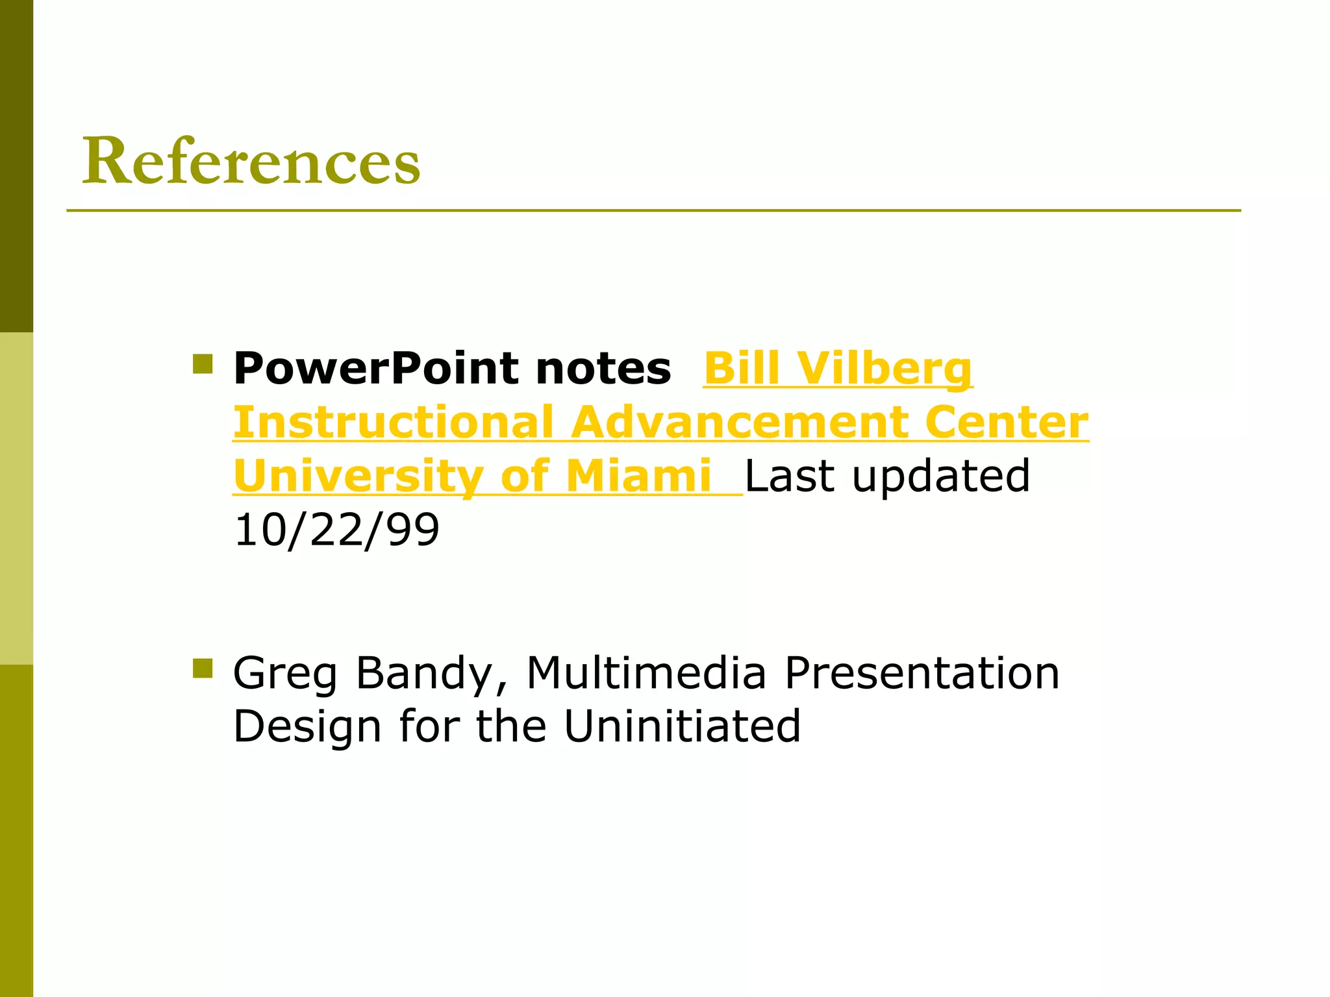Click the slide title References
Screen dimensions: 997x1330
pyautogui.click(x=251, y=161)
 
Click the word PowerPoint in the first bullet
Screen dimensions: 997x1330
pyautogui.click(x=375, y=369)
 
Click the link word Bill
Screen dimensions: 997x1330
pyautogui.click(x=741, y=369)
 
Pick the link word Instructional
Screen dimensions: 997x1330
pyautogui.click(x=394, y=423)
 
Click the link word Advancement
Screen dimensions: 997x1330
pyautogui.click(x=740, y=423)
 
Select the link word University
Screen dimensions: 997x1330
pyautogui.click(x=358, y=476)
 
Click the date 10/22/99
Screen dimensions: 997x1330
pyautogui.click(x=336, y=530)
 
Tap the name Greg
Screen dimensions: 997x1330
pyautogui.click(x=286, y=673)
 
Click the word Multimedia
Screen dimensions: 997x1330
pyautogui.click(x=646, y=673)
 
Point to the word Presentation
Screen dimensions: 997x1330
pyautogui.click(x=922, y=673)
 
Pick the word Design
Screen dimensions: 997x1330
pyautogui.click(x=307, y=726)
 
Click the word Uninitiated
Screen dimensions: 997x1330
pyautogui.click(x=682, y=726)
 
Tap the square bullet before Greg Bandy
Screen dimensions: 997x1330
pyautogui.click(x=203, y=668)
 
